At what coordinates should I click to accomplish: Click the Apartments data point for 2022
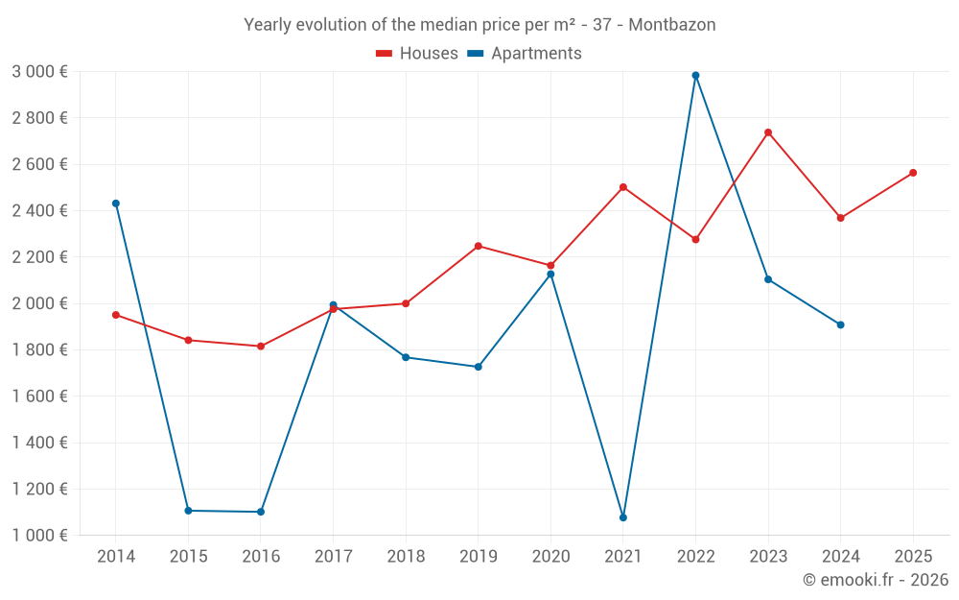tap(695, 75)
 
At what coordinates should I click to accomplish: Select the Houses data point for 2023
tap(768, 132)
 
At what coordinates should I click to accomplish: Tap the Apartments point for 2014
tap(116, 204)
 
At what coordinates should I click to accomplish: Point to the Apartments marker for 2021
tap(623, 517)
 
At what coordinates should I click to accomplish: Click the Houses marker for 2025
tap(913, 173)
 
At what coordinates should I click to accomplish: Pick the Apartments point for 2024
tap(840, 324)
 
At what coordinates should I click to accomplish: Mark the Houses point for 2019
tap(479, 246)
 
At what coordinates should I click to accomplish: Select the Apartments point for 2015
tap(188, 511)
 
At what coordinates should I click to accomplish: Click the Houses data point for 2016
tap(261, 346)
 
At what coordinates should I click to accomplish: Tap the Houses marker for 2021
tap(623, 187)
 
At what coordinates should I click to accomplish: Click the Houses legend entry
tap(417, 54)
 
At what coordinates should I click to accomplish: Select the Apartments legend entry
tap(526, 54)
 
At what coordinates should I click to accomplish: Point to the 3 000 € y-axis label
tap(39, 72)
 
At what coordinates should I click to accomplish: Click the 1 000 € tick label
tap(39, 536)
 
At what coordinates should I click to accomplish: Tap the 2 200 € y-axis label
tap(39, 257)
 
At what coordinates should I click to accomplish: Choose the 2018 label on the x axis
tap(406, 557)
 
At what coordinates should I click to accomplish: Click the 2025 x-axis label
tap(913, 557)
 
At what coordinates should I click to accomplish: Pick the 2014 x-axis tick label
tap(116, 557)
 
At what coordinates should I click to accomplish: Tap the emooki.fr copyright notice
tap(875, 580)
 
